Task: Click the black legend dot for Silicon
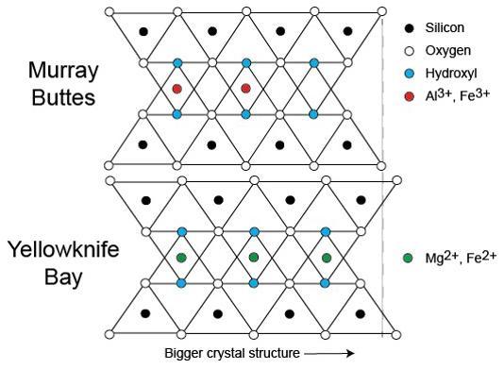(x=408, y=29)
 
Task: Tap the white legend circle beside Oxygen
(x=408, y=51)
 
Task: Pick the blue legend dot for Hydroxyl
(x=408, y=73)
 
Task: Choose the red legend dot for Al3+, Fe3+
(x=408, y=94)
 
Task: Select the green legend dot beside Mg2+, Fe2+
(x=408, y=257)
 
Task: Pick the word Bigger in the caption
(x=184, y=354)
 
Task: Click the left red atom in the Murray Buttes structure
(x=177, y=89)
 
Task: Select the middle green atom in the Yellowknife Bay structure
(x=253, y=257)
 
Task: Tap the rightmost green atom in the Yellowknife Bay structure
(x=327, y=257)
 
